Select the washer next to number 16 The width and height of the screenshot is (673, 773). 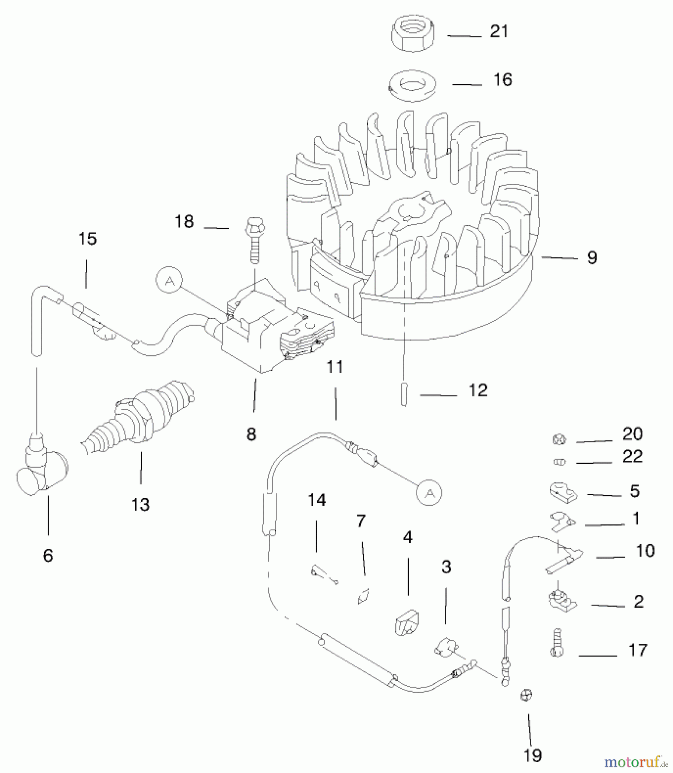coord(412,85)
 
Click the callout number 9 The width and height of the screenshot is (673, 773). coord(592,258)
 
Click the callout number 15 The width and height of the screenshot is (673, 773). coord(88,239)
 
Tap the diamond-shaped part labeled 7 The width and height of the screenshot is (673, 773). coord(363,596)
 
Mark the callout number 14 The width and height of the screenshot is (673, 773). coord(317,500)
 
